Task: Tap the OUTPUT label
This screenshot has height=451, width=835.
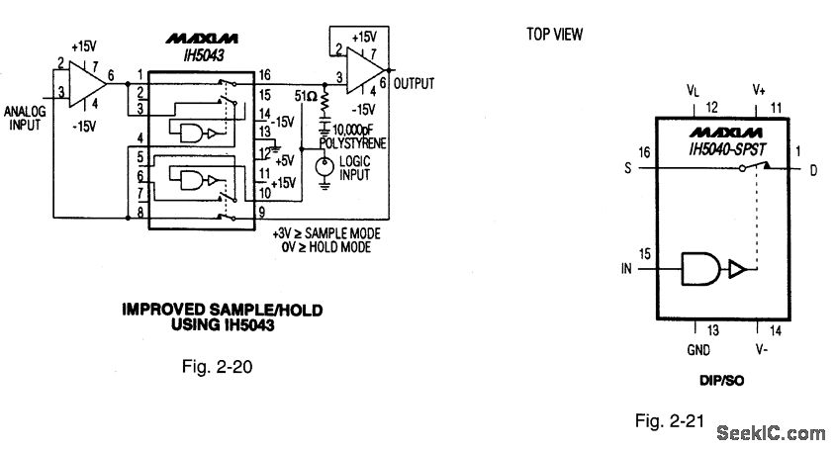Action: (x=414, y=84)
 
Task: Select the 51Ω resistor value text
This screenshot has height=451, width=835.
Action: (x=306, y=96)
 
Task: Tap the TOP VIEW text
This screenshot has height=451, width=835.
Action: (x=555, y=35)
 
